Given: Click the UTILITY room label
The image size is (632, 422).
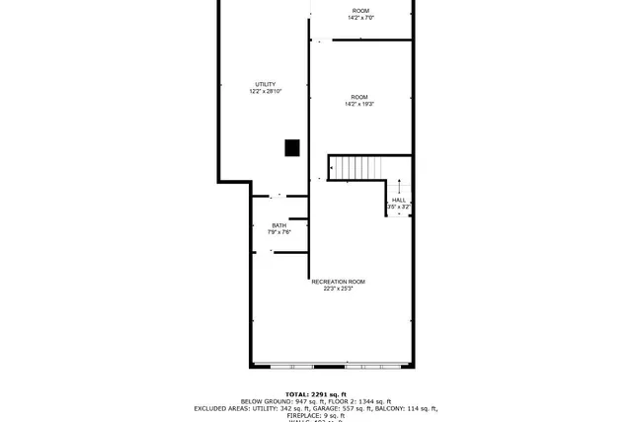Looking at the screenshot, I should pyautogui.click(x=265, y=84).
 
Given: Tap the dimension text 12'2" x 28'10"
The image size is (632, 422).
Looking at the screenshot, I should pyautogui.click(x=265, y=92).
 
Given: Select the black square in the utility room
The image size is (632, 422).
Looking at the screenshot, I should pyautogui.click(x=291, y=147).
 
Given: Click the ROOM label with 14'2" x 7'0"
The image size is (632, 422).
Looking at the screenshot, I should pyautogui.click(x=360, y=10).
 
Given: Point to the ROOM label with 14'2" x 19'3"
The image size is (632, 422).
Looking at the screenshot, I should pyautogui.click(x=359, y=96).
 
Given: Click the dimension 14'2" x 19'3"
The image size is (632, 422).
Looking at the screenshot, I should pyautogui.click(x=359, y=104).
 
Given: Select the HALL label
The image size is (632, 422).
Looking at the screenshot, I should pyautogui.click(x=398, y=200).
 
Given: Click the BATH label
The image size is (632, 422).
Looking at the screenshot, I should pyautogui.click(x=278, y=225).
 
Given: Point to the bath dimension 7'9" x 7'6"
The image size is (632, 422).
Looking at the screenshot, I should pyautogui.click(x=278, y=233).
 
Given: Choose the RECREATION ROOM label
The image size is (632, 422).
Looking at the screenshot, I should pyautogui.click(x=332, y=282).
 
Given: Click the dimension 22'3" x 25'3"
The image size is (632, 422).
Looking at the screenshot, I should pyautogui.click(x=332, y=290).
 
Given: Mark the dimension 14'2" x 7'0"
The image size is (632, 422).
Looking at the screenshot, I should pyautogui.click(x=360, y=18).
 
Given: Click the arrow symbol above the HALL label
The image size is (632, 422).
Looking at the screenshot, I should pyautogui.click(x=399, y=188).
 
